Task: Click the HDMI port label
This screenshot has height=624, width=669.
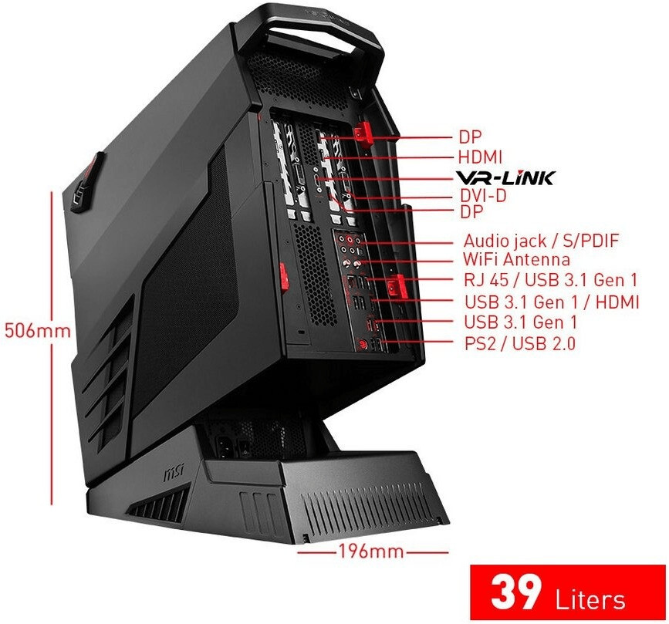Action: tap(480, 157)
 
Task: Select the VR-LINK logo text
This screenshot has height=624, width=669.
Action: tap(505, 177)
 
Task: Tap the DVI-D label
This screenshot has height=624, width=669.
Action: tap(482, 196)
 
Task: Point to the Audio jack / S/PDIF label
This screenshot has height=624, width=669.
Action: tap(541, 241)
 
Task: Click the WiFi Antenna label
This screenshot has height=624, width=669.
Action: tap(516, 260)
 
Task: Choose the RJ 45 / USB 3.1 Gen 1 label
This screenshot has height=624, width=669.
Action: tap(550, 280)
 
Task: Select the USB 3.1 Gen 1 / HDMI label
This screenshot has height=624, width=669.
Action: tap(552, 302)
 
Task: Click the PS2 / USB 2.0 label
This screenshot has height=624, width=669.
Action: tap(519, 343)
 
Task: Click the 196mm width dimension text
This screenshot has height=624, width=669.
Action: tap(371, 551)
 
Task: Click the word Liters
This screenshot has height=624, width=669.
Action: tap(590, 599)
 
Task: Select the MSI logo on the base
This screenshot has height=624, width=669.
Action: tap(176, 469)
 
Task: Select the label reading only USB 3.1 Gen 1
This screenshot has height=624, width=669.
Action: tap(520, 322)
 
